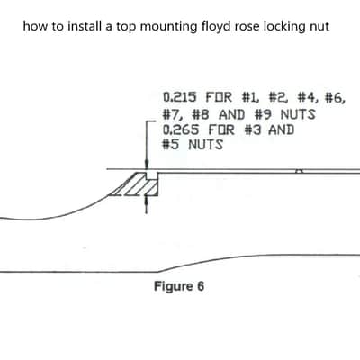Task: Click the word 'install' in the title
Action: tap(85, 26)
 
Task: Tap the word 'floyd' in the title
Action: tap(213, 27)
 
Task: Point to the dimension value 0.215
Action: tap(180, 97)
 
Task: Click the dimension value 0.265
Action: tap(181, 130)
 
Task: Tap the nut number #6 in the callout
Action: tap(335, 97)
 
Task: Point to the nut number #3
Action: tap(253, 130)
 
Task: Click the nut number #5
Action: tap(170, 145)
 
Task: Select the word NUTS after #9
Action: tap(298, 114)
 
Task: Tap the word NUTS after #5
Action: tap(206, 145)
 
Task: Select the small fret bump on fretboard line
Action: tap(299, 171)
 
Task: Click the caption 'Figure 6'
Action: tap(179, 286)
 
